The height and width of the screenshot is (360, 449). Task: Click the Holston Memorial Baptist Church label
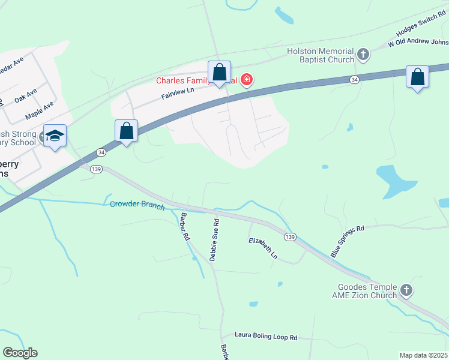click(321, 56)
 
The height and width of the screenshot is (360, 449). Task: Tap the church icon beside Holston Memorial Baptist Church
click(363, 55)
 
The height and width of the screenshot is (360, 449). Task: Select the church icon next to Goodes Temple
click(406, 291)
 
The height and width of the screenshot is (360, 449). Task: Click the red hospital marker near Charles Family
click(246, 80)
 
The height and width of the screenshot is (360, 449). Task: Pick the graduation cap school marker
click(55, 136)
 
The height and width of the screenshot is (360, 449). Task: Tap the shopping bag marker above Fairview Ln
click(219, 73)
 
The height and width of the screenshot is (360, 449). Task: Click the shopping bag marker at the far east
click(417, 77)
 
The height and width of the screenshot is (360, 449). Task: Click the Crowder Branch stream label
click(137, 205)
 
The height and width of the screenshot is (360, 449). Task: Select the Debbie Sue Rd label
click(214, 240)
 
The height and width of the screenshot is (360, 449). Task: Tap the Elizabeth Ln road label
click(264, 248)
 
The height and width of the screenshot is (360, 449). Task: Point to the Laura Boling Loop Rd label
click(266, 337)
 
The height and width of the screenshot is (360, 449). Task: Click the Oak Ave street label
click(26, 95)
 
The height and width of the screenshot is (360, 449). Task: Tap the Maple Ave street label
click(39, 110)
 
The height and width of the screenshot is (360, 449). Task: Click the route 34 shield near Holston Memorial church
click(355, 79)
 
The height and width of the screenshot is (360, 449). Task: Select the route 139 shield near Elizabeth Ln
click(291, 237)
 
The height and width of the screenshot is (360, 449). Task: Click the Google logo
click(20, 353)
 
